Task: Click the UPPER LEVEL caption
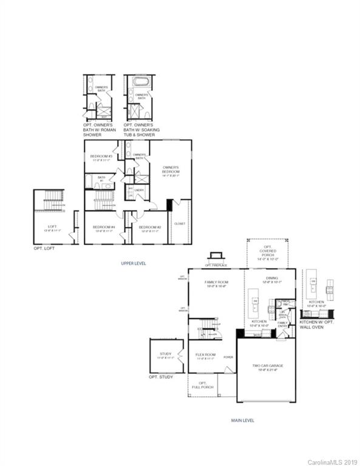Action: (134, 263)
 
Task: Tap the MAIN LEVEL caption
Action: (242, 419)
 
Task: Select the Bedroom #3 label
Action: (100, 158)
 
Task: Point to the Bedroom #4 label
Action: (104, 229)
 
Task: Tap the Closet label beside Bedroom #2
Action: (180, 223)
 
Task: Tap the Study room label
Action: (165, 356)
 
